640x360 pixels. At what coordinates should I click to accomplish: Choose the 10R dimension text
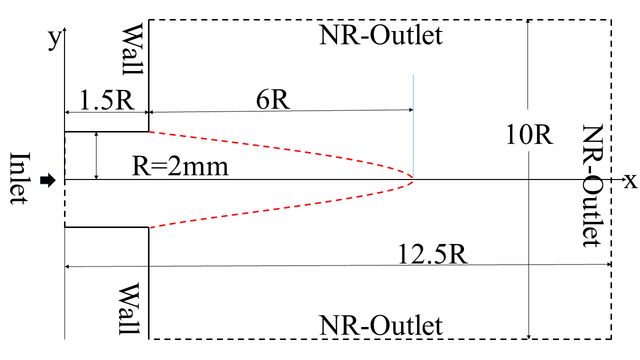[x=529, y=135]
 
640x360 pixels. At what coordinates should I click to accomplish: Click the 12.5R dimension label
[x=433, y=255]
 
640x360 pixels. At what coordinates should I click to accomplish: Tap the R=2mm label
[x=180, y=167]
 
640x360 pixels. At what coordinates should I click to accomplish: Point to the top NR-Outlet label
[x=381, y=36]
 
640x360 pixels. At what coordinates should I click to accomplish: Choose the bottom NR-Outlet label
[x=381, y=326]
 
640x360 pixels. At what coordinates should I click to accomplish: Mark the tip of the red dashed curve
[x=413, y=179]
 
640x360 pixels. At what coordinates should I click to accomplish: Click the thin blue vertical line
[x=413, y=100]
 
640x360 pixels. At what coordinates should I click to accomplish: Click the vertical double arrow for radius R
[x=97, y=155]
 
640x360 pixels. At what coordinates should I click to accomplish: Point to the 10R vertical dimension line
[x=528, y=225]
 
